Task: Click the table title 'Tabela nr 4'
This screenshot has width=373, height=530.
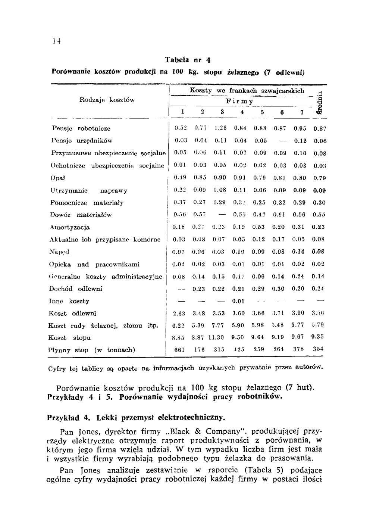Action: (x=188, y=60)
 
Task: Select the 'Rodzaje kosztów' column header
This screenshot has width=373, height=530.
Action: (x=107, y=100)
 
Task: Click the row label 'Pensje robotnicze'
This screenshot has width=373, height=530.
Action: (x=81, y=129)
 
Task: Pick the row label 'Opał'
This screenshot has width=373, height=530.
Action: (x=55, y=178)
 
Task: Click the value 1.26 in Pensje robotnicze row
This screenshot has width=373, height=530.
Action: (x=220, y=128)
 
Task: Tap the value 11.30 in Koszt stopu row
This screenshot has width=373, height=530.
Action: (x=216, y=337)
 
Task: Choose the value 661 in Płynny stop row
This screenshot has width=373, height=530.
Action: (x=180, y=350)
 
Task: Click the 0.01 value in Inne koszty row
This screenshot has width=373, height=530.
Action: (x=238, y=301)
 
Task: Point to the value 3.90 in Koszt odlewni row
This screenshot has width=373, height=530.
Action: (x=298, y=313)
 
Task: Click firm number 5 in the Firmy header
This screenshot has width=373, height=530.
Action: (x=262, y=112)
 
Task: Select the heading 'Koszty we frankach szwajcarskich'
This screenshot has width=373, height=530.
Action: (x=247, y=91)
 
